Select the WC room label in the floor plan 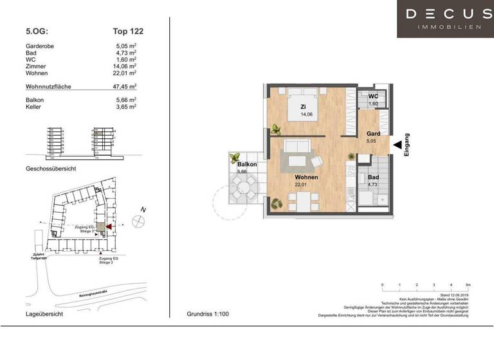[373, 96]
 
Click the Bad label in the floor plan [373, 177]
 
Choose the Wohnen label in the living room [307, 177]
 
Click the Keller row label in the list [33, 107]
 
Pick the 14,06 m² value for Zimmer [124, 66]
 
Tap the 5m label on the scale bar [468, 284]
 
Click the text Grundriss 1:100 [207, 314]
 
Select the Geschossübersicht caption [51, 168]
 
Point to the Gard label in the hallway [373, 134]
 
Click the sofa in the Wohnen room [300, 147]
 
